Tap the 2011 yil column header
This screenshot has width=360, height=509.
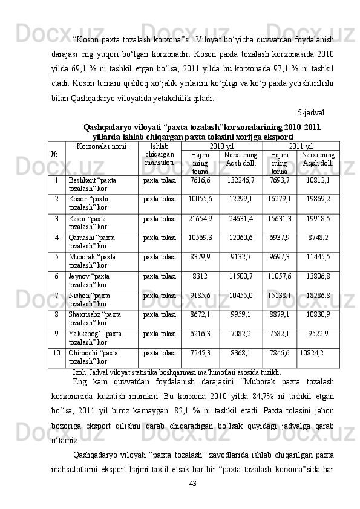tap(301, 146)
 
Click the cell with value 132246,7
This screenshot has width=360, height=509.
tap(241, 180)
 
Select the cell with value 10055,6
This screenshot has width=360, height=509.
tap(200, 198)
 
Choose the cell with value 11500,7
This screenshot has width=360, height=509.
tap(241, 276)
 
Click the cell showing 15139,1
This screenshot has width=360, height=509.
tap(279, 295)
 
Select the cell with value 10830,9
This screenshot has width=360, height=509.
tap(318, 314)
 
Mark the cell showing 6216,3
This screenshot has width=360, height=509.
tap(200, 333)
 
